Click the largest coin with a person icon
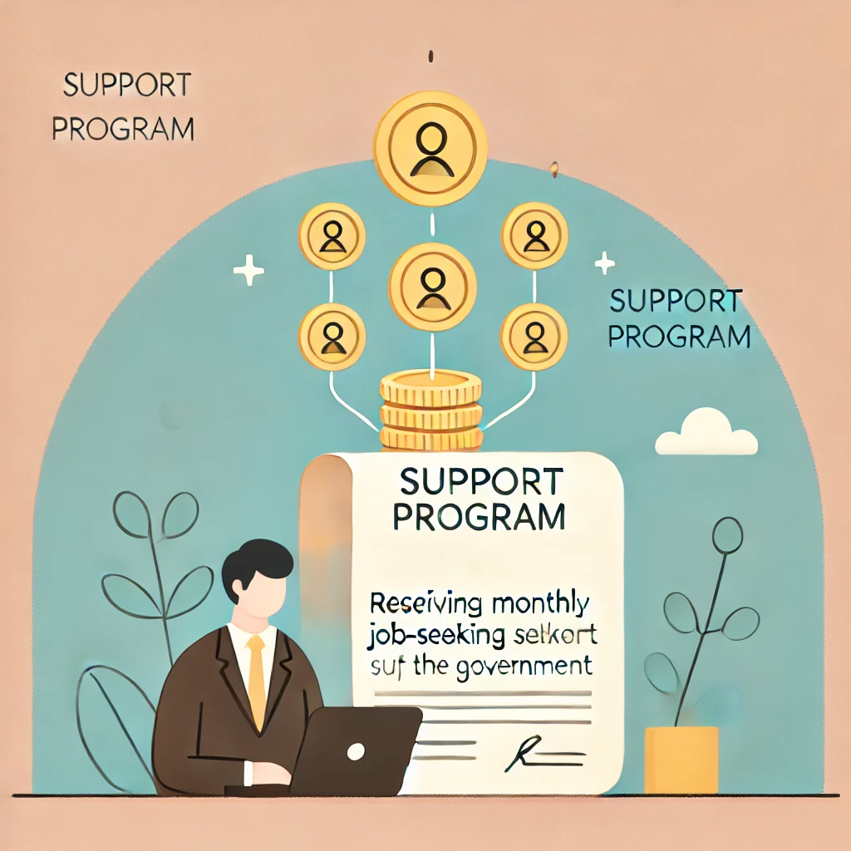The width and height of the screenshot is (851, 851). tap(430, 148)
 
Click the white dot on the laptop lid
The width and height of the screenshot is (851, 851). tap(356, 751)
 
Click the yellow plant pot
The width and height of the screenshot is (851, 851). tap(681, 759)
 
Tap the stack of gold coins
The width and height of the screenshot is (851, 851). tap(430, 411)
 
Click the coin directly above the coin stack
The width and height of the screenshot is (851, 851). tap(431, 285)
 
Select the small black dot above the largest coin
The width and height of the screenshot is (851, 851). tap(430, 57)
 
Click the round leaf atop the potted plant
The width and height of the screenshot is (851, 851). tap(727, 533)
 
